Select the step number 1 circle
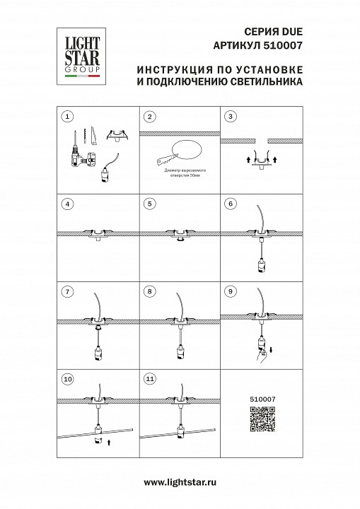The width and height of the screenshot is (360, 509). coord(67,116)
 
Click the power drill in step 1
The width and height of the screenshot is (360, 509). coord(77,151)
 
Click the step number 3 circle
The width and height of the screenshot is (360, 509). coord(229,116)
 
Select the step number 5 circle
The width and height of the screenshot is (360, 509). coord(149,204)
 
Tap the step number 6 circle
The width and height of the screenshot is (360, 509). coord(229,204)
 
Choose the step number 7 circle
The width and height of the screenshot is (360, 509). coord(67,291)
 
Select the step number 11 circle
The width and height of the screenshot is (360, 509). coord(149,379)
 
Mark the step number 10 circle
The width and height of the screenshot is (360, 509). coord(67,379)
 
